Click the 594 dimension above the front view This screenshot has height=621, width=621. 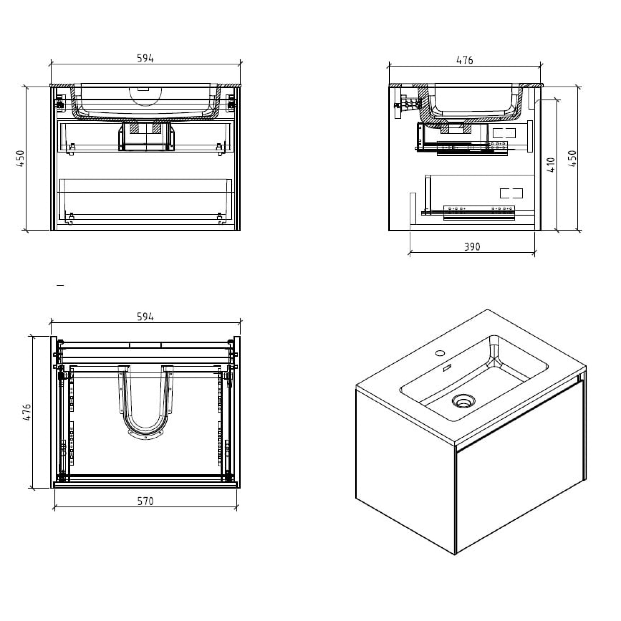point(145,58)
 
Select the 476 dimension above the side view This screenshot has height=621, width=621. point(465,60)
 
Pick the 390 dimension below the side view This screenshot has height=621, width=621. point(472,247)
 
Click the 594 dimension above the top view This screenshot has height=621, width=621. point(145,317)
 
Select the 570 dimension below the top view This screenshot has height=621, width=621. point(145,501)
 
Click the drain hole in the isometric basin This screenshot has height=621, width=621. point(463,401)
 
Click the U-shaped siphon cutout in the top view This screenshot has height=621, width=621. point(146,418)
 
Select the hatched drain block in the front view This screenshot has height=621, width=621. point(134,128)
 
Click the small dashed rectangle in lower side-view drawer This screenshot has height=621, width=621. point(511,193)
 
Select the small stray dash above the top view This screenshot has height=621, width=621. point(60,285)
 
